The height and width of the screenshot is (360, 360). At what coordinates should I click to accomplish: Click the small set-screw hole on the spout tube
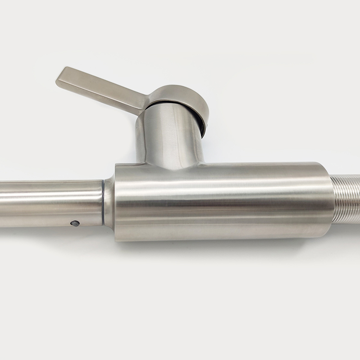click(75, 223)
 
